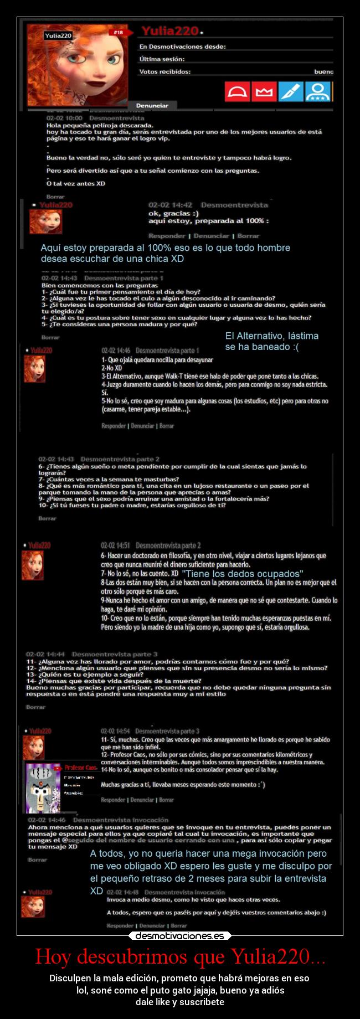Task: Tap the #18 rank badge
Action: click(118, 33)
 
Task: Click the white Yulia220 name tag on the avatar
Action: click(58, 35)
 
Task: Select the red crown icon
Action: click(264, 91)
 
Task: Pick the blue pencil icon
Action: click(291, 91)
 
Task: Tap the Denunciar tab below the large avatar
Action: click(152, 105)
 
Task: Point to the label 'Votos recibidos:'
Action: click(164, 71)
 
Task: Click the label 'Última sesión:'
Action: click(162, 59)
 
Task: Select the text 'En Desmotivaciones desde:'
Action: click(182, 47)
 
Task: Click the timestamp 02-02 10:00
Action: click(64, 118)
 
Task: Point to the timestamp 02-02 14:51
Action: click(115, 545)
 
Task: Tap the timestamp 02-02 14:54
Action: click(115, 731)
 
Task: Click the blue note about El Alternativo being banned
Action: click(271, 341)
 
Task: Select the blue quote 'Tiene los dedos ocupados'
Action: click(243, 574)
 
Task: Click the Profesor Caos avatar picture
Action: click(43, 786)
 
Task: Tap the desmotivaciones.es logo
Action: click(180, 936)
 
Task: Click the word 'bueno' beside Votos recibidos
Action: click(323, 71)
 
